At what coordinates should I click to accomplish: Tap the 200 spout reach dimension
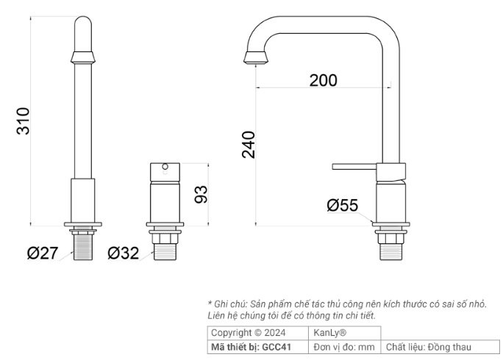pyautogui.click(x=323, y=80)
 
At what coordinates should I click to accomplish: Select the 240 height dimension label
pyautogui.click(x=249, y=145)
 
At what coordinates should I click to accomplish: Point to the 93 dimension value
pyautogui.click(x=201, y=194)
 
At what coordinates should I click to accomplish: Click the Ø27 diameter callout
pyautogui.click(x=43, y=253)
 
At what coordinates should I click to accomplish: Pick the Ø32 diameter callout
pyautogui.click(x=123, y=253)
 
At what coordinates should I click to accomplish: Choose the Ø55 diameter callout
pyautogui.click(x=342, y=206)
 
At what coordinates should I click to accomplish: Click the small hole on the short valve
pyautogui.click(x=165, y=168)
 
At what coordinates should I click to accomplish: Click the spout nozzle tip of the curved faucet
pyautogui.click(x=254, y=59)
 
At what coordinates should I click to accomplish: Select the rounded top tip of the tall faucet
pyautogui.click(x=82, y=26)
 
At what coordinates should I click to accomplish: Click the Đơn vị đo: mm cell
pyautogui.click(x=344, y=347)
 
